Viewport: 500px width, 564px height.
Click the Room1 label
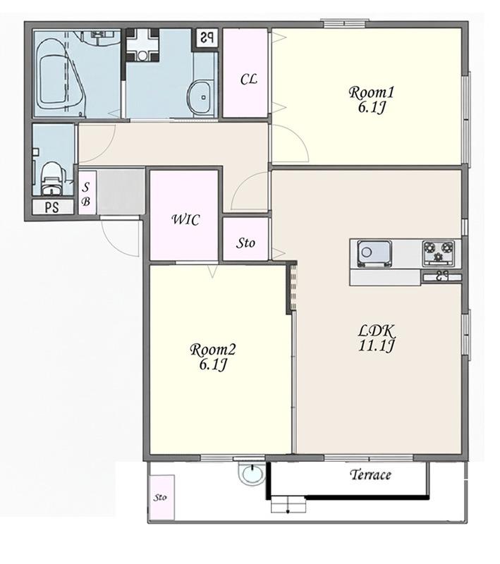point(371,92)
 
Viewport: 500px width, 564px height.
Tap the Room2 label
point(212,350)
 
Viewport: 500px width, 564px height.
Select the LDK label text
point(377,330)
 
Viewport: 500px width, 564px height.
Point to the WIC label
point(185,219)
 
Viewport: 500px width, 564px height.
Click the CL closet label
point(248,79)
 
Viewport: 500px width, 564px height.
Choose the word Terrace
point(370,474)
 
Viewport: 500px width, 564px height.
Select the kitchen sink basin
point(374,254)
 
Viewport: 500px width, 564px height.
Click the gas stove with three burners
point(438,253)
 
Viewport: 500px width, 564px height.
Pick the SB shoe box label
point(85,194)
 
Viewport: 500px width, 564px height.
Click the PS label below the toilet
point(52,207)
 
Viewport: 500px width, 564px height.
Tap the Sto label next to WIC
point(245,243)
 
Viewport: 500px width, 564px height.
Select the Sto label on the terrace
point(160,498)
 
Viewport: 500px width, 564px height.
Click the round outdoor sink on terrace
point(252,473)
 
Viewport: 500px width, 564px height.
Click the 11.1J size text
point(377,345)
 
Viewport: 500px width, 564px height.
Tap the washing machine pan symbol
point(142,45)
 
